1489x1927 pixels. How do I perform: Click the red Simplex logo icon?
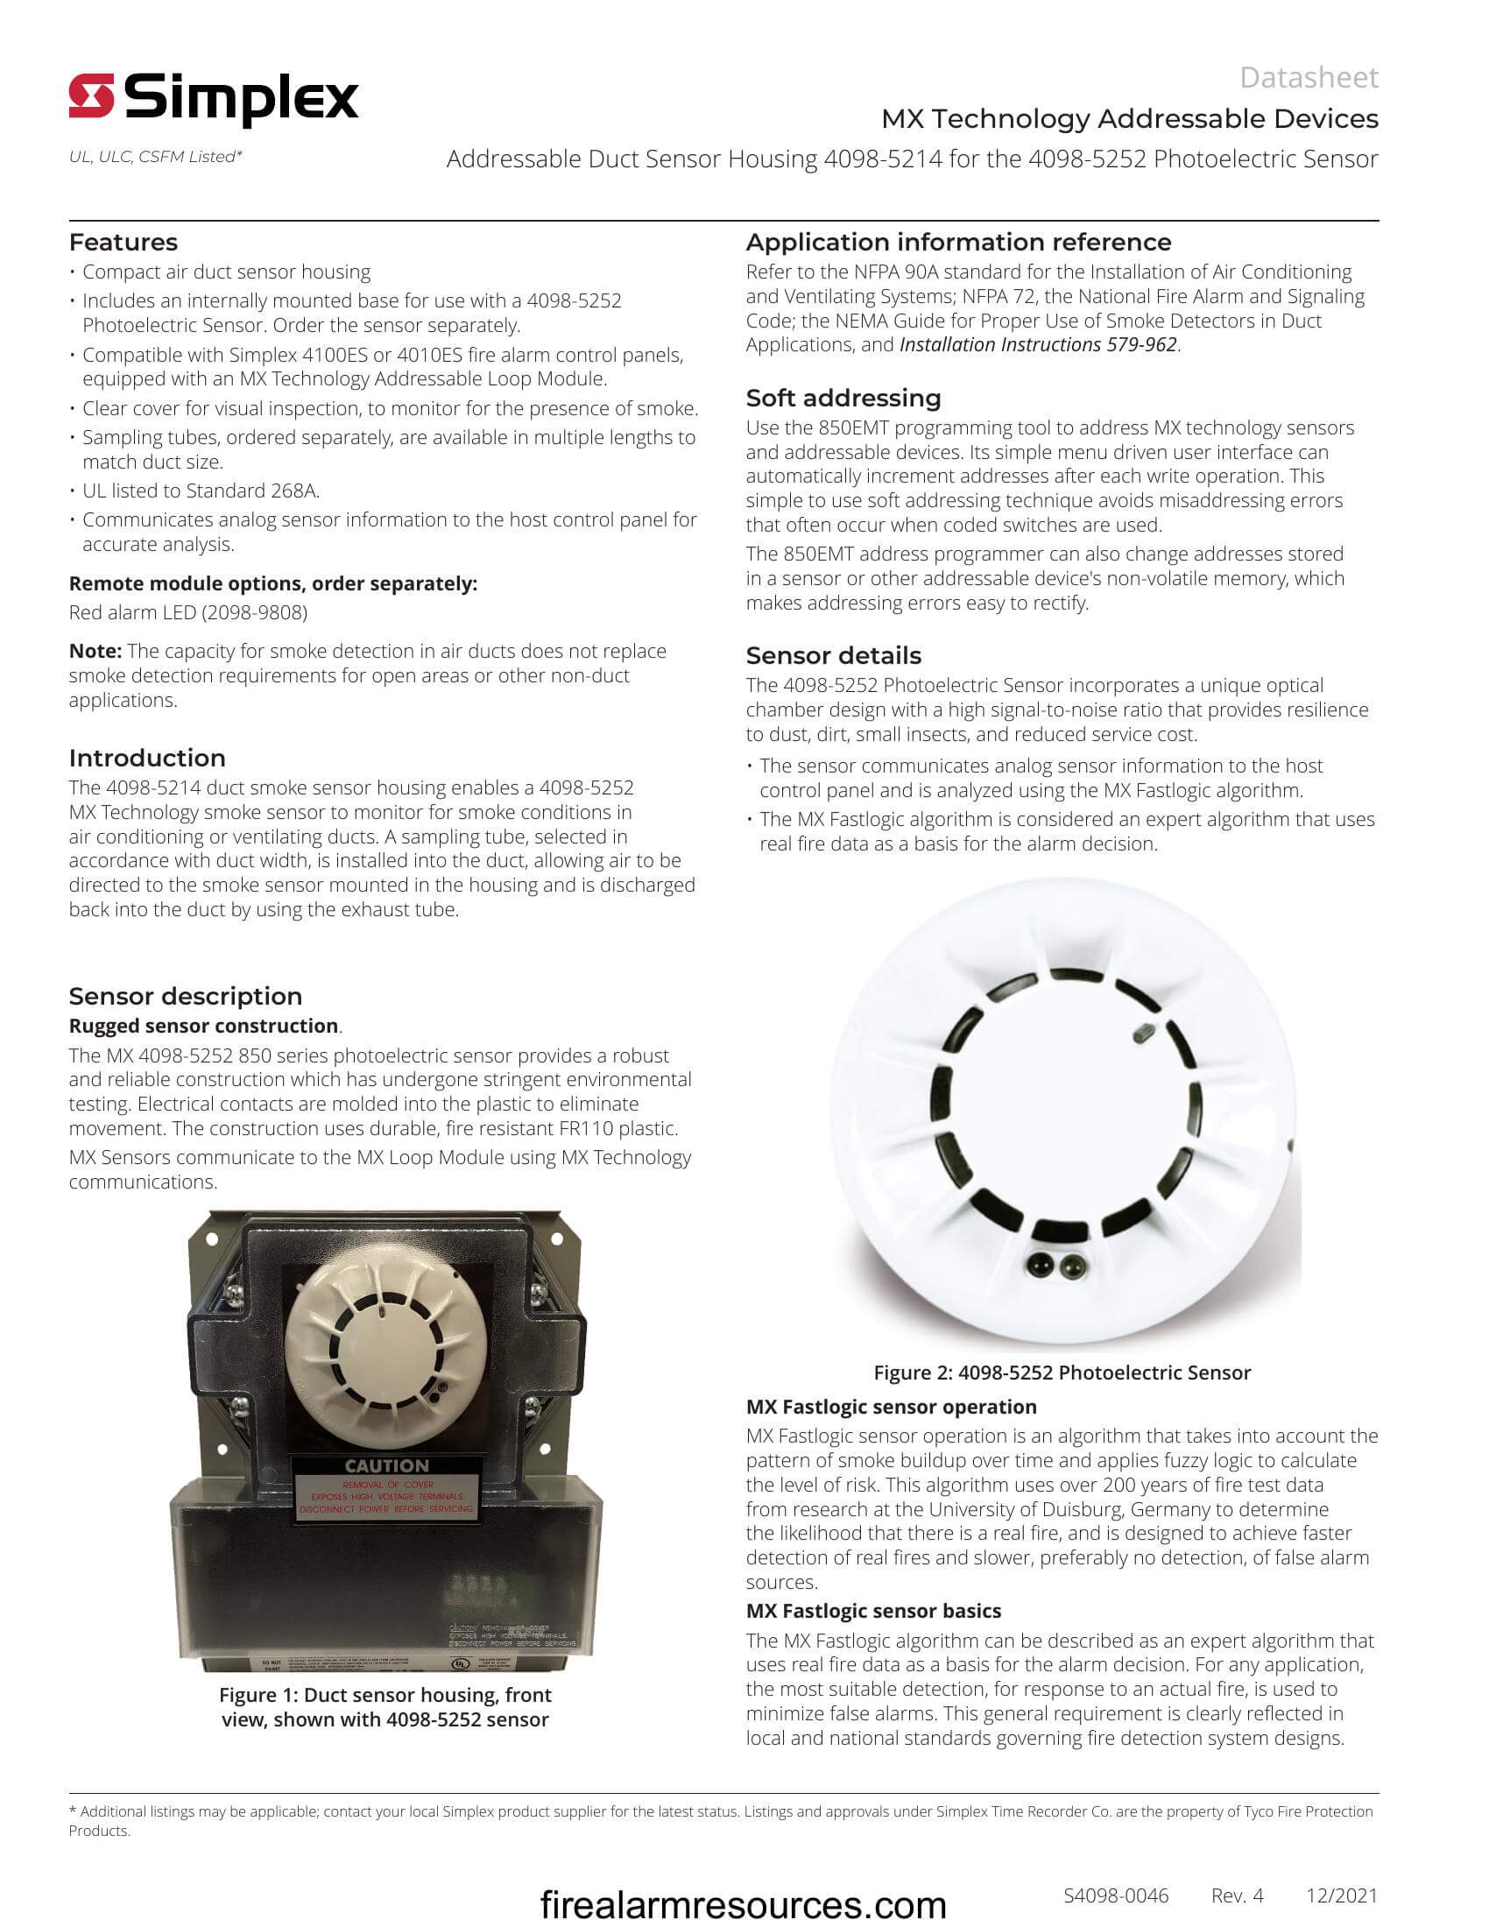pos(92,95)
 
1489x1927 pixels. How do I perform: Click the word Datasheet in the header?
pos(1309,78)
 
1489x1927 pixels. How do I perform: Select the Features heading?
pos(123,242)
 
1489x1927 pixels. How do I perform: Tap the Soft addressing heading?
pos(843,398)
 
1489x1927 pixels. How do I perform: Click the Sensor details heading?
pos(834,655)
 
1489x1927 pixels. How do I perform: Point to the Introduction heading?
pos(147,758)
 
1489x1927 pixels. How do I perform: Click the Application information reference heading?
pos(959,242)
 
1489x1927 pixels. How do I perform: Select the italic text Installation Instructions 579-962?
pos(1038,344)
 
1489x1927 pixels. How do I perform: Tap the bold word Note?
pos(95,651)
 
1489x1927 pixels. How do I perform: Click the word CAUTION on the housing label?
pos(386,1465)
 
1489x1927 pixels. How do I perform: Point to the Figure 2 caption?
pos(1062,1372)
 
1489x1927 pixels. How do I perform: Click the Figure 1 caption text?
pos(385,1706)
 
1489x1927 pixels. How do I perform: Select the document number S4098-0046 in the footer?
pos(1116,1895)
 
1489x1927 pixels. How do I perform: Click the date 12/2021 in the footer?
pos(1342,1895)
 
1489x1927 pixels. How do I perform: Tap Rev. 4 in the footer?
pos(1238,1895)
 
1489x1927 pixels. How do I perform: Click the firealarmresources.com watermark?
pos(743,1904)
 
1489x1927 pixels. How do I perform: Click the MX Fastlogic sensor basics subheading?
pos(873,1610)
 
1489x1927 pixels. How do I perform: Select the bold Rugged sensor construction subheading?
pos(204,1026)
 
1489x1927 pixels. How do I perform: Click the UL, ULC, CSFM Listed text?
pos(155,156)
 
